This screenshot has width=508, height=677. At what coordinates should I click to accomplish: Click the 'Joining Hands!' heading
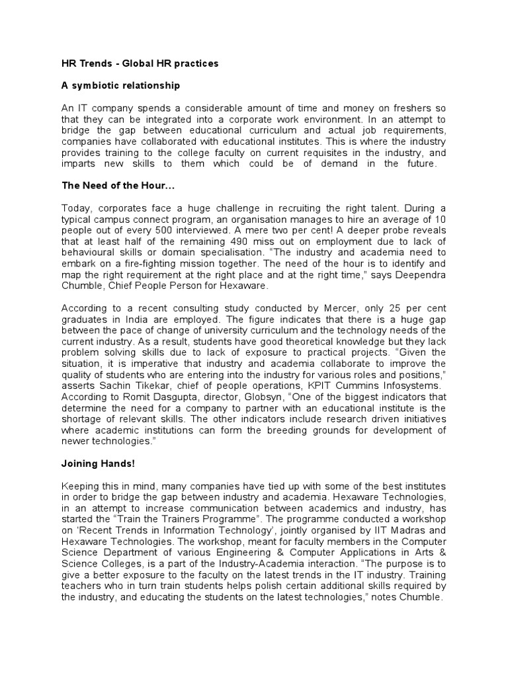pos(98,464)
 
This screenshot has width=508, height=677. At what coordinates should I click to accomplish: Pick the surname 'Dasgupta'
pos(159,397)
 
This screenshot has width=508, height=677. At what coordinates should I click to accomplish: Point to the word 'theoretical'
pos(255,342)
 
